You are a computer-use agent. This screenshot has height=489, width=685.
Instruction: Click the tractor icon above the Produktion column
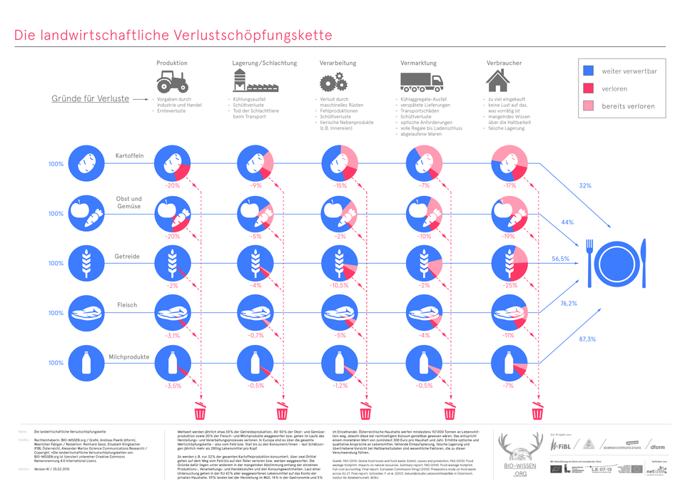click(x=172, y=80)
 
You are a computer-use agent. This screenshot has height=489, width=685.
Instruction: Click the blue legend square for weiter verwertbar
click(x=589, y=71)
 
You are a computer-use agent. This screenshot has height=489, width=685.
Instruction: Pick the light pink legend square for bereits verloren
click(x=589, y=106)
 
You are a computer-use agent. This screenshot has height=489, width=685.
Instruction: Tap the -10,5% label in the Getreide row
click(x=338, y=285)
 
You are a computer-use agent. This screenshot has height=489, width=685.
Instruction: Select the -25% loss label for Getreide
click(x=509, y=285)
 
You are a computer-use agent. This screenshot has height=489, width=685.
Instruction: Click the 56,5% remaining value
click(x=561, y=258)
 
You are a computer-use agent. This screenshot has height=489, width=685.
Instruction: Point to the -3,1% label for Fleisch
click(x=172, y=335)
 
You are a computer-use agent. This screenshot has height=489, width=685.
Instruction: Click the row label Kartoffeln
click(x=129, y=156)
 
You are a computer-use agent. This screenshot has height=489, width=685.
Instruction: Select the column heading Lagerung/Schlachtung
click(x=265, y=63)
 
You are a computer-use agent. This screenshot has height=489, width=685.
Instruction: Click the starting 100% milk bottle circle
click(x=86, y=363)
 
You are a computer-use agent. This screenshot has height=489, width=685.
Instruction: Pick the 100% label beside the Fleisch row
click(x=56, y=313)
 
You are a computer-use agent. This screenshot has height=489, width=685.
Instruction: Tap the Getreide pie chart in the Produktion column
click(x=172, y=263)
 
